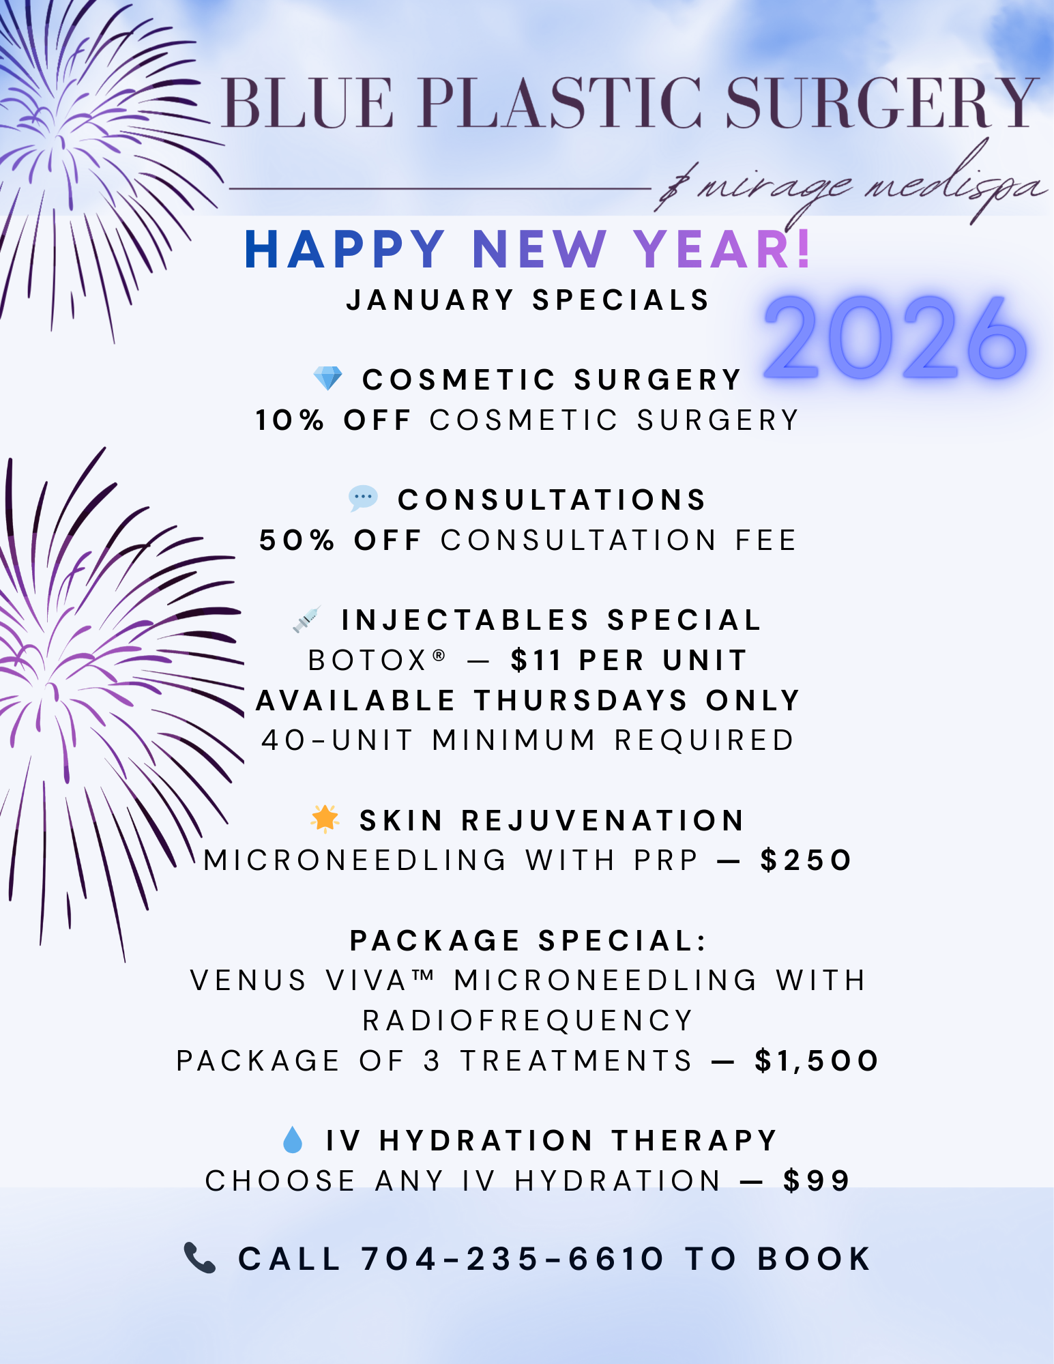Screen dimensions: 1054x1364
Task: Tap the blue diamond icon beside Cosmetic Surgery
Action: (x=327, y=379)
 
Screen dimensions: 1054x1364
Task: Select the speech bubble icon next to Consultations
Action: (x=363, y=499)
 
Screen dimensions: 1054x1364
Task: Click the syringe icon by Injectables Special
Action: (x=306, y=620)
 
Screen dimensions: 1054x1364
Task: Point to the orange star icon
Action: (x=325, y=819)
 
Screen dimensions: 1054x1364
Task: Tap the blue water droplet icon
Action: (x=293, y=1140)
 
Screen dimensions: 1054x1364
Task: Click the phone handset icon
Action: (x=200, y=1258)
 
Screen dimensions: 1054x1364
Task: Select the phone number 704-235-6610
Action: (x=512, y=1259)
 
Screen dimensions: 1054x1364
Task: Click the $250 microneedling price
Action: (x=806, y=860)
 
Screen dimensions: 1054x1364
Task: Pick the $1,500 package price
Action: (x=817, y=1061)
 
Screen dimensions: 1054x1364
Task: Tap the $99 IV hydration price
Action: (x=817, y=1181)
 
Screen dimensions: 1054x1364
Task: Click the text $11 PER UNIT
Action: (x=629, y=660)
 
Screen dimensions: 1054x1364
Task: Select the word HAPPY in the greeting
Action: (x=345, y=249)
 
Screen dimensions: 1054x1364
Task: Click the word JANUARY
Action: (x=430, y=300)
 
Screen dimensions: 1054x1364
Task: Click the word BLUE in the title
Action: (x=308, y=103)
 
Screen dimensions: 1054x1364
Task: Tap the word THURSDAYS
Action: (x=581, y=701)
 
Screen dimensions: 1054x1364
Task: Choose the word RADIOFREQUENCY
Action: (x=528, y=1021)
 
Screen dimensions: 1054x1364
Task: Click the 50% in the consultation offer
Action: (x=297, y=540)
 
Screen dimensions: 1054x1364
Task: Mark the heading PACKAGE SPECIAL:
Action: (x=529, y=941)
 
